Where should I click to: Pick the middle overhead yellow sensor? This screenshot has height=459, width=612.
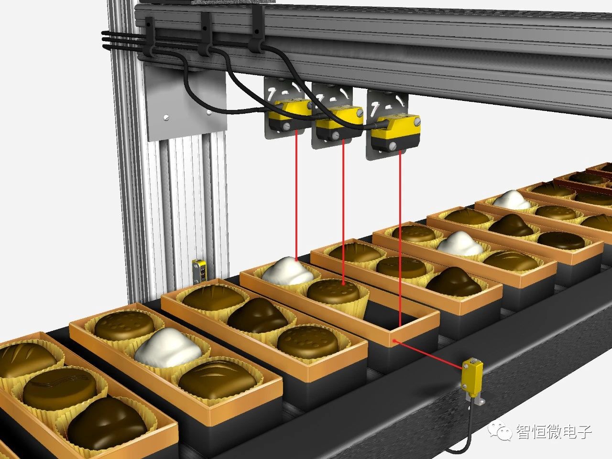(339, 123)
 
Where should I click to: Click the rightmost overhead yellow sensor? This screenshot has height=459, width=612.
(395, 133)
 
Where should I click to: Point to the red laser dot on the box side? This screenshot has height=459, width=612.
(394, 341)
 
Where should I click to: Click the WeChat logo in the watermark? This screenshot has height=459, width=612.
(500, 431)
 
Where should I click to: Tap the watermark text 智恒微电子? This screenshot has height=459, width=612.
(554, 432)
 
